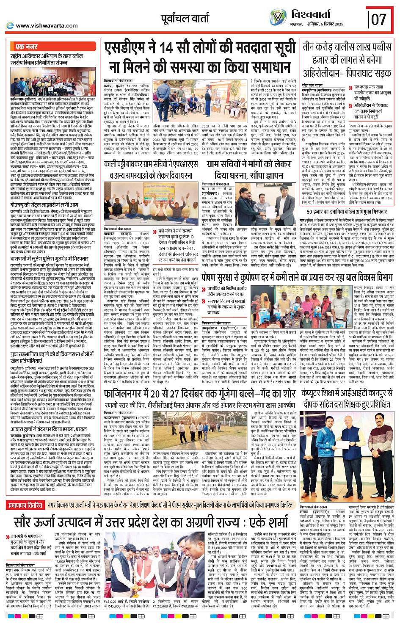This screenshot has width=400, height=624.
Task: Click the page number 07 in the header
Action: [379, 19]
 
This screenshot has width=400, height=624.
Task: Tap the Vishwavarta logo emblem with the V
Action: [278, 17]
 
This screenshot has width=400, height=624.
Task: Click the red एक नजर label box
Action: [26, 47]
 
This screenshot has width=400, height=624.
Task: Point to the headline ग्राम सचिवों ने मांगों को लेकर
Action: [249, 164]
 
